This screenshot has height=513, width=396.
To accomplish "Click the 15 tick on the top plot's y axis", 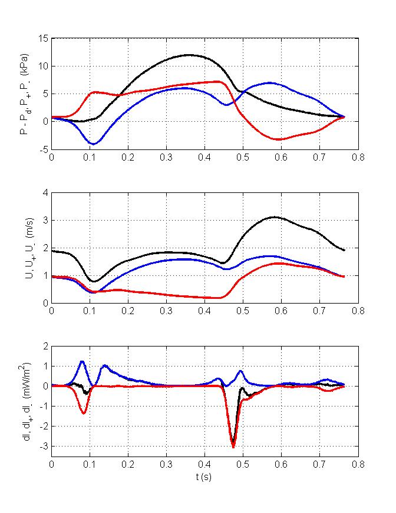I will click(x=44, y=38).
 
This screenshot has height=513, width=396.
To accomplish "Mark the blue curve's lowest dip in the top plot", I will click(x=93, y=144).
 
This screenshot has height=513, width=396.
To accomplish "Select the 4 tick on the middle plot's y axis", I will click(x=46, y=192).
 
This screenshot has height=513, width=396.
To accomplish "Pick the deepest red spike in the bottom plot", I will click(x=233, y=447).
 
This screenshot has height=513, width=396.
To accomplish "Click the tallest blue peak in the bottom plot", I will click(x=82, y=361).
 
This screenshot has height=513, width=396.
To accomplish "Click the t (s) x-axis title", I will click(x=204, y=477).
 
